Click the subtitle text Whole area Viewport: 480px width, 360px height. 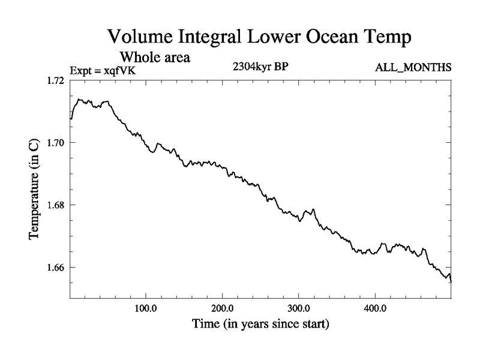click(155, 58)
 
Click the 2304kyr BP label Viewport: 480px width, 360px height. click(260, 67)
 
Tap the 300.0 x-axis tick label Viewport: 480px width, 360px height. click(299, 309)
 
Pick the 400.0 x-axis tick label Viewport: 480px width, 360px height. click(375, 309)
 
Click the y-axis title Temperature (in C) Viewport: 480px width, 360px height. click(35, 190)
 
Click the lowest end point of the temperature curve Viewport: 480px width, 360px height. click(451, 281)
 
